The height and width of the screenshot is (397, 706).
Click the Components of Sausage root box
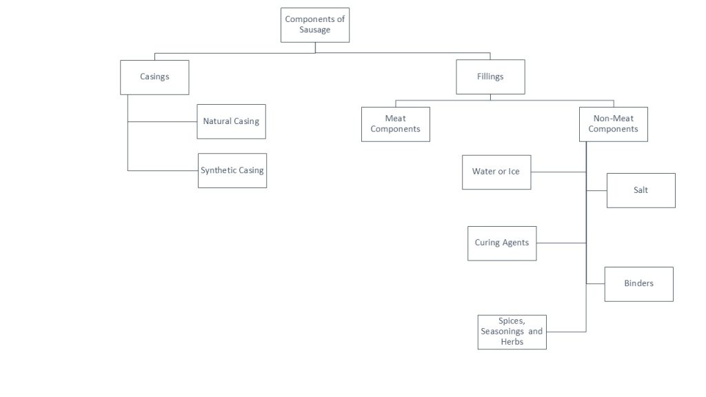(314, 25)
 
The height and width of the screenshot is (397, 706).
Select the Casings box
(154, 77)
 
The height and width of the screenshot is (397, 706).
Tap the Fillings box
(490, 77)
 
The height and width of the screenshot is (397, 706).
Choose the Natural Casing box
(231, 121)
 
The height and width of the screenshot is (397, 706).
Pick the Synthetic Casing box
(232, 170)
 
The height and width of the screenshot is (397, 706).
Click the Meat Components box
(395, 124)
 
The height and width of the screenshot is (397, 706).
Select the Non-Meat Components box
(613, 124)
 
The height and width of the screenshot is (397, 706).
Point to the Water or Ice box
(496, 172)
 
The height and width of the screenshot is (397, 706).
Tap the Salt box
(641, 190)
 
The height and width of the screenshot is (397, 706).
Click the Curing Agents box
(501, 243)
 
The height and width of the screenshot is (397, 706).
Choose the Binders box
(638, 283)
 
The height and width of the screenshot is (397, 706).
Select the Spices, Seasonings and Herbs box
(512, 332)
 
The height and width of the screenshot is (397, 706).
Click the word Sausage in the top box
(314, 30)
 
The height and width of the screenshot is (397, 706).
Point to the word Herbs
(512, 341)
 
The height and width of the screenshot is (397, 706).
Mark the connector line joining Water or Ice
(558, 172)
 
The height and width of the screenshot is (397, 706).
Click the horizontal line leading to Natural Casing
(162, 121)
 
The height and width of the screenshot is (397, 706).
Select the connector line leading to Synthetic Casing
(162, 170)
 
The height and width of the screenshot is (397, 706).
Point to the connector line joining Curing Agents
(561, 243)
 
